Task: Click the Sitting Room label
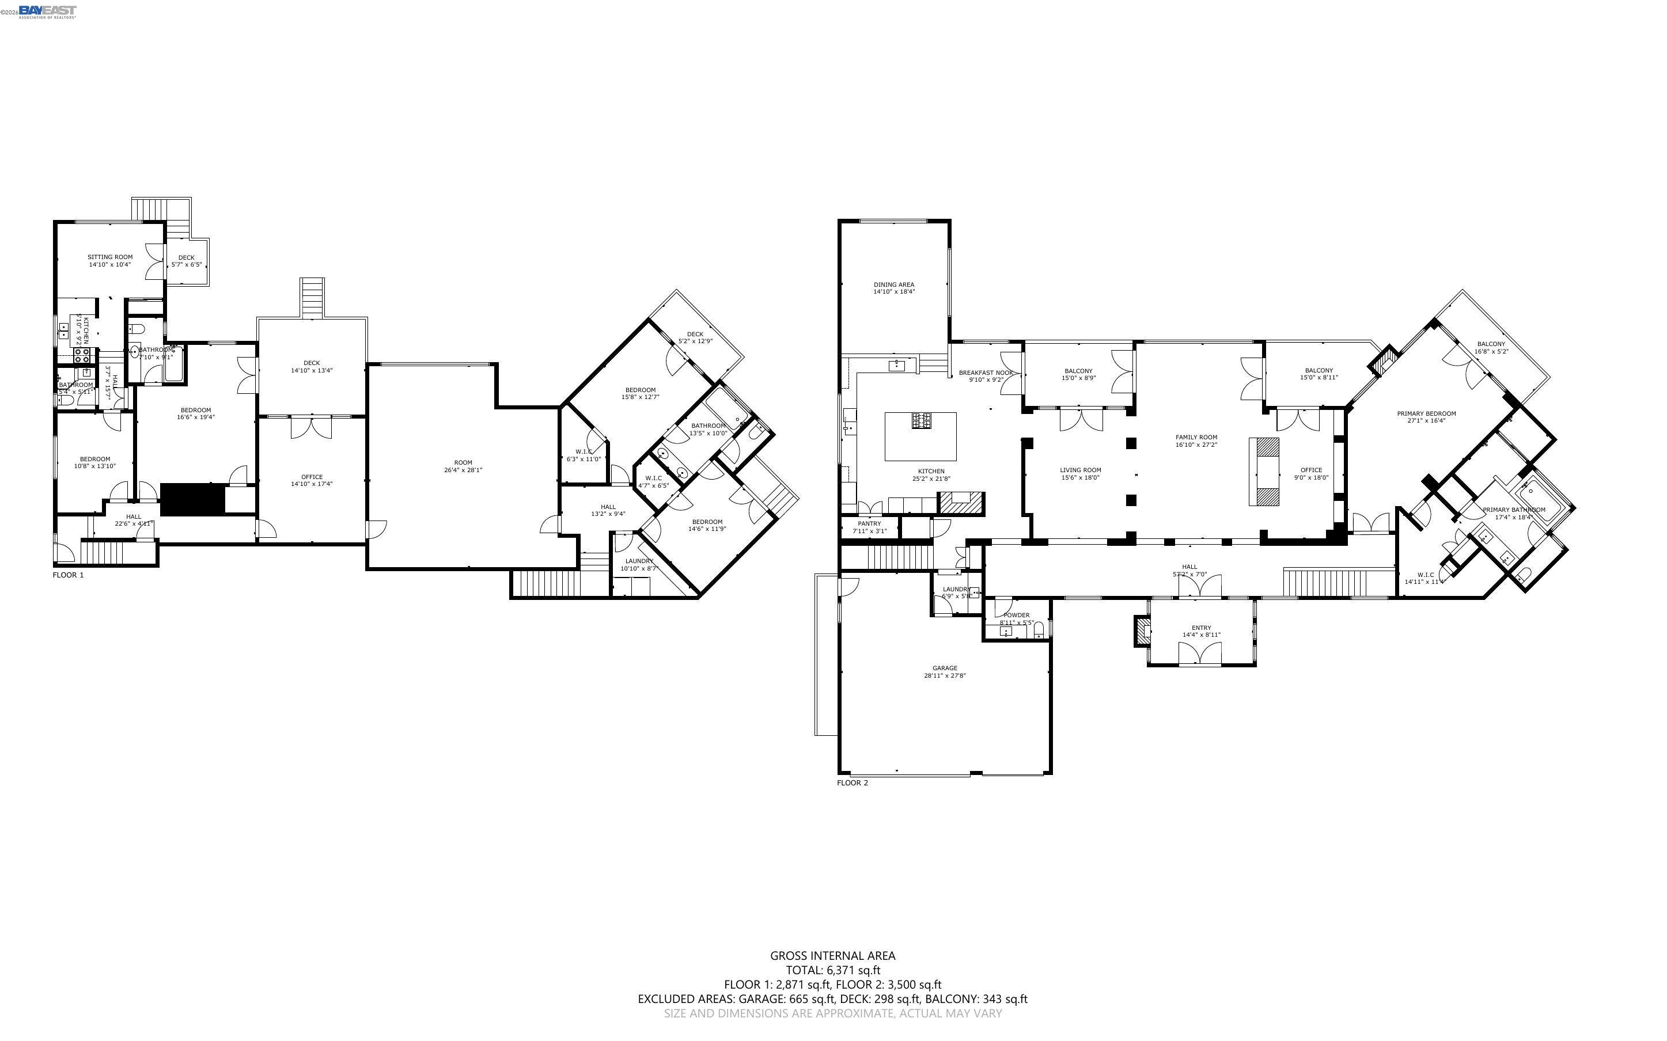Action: pyautogui.click(x=109, y=257)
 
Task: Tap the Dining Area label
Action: pyautogui.click(x=894, y=284)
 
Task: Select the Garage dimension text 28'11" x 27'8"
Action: pyautogui.click(x=945, y=675)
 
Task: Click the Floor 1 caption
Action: pyautogui.click(x=68, y=575)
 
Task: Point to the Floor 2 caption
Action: pyautogui.click(x=853, y=783)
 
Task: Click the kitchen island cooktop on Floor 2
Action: pyautogui.click(x=921, y=420)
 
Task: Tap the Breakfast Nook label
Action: pyautogui.click(x=986, y=373)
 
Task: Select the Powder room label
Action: pyautogui.click(x=1016, y=615)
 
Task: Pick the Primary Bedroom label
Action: pyautogui.click(x=1426, y=414)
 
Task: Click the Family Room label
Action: pyautogui.click(x=1196, y=437)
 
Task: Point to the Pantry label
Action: pyautogui.click(x=869, y=523)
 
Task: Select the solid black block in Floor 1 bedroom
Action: pyautogui.click(x=193, y=499)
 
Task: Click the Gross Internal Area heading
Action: pyautogui.click(x=832, y=955)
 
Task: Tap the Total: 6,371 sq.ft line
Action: pyautogui.click(x=832, y=970)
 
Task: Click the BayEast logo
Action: pyautogui.click(x=47, y=11)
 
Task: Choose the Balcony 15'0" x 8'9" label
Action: pyautogui.click(x=1078, y=371)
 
